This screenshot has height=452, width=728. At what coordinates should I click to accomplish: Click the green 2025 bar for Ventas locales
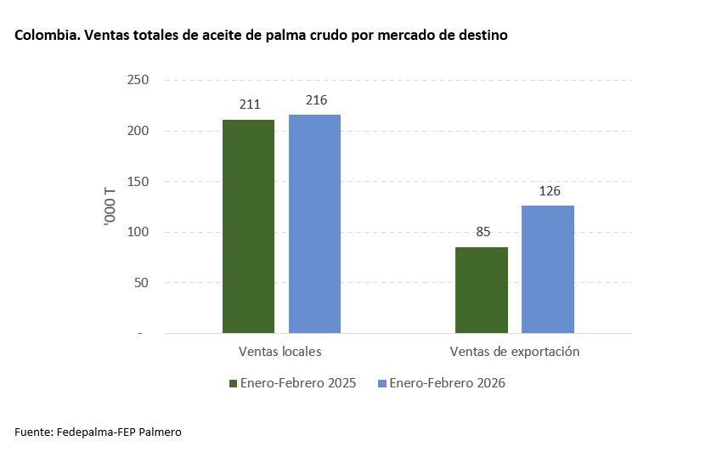coord(248,226)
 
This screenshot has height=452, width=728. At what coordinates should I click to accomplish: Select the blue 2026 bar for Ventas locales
coord(314,223)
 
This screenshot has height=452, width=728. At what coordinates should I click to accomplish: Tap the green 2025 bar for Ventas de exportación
coord(482,290)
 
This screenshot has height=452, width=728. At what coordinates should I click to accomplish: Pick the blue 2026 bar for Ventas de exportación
coord(548,269)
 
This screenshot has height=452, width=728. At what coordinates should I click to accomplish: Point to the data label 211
coord(249,106)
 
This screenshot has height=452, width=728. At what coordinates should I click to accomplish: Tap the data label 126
coord(548,191)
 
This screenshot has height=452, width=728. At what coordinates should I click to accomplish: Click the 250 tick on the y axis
coord(138,81)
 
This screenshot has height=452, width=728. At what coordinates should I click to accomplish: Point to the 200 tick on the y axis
coord(138,131)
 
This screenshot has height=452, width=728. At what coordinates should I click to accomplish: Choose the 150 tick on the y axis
coord(138,182)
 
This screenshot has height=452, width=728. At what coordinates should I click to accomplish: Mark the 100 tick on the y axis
coord(138,232)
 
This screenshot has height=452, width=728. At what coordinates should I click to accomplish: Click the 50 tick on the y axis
coord(141,283)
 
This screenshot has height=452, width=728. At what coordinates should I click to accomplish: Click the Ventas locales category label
coord(279,351)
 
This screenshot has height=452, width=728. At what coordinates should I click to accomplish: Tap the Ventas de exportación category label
coord(514,351)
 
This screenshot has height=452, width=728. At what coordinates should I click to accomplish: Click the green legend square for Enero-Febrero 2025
coord(234,383)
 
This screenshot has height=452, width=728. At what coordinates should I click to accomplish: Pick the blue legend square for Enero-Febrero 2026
coord(382,383)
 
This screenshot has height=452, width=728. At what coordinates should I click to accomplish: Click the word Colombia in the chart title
coord(42,37)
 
